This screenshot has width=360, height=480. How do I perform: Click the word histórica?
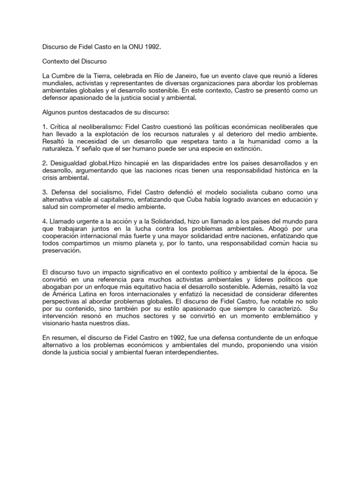290,171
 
